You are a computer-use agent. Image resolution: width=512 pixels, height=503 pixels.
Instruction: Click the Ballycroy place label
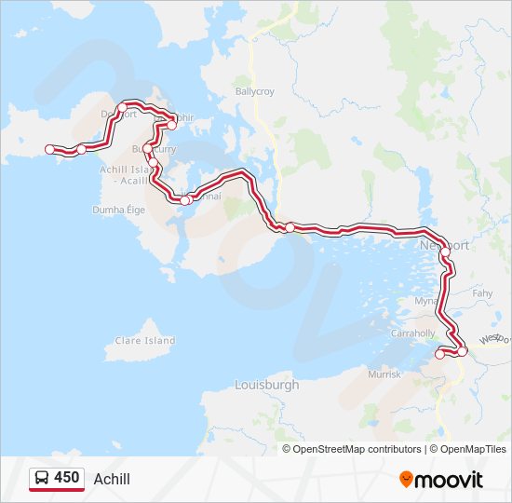tap(257, 92)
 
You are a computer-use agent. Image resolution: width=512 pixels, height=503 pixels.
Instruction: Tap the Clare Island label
tap(144, 341)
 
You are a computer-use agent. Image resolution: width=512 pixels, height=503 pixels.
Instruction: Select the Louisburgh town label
tap(267, 384)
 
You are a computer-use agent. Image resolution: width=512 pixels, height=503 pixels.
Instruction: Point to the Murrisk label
tap(384, 374)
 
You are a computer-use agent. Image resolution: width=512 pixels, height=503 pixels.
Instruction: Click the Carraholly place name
tap(413, 333)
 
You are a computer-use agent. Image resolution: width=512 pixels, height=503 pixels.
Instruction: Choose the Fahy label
tap(482, 293)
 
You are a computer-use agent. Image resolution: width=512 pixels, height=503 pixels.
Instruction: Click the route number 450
tap(67, 478)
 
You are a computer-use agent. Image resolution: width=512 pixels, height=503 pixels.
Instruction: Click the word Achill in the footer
tap(113, 479)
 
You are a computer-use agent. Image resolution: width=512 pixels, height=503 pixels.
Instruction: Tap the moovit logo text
tap(450, 480)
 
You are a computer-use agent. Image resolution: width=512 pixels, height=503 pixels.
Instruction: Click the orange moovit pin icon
tap(406, 479)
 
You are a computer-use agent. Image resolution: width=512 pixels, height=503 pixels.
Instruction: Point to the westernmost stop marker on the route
tap(50, 149)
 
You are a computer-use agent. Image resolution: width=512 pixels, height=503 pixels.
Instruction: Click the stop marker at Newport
tap(445, 251)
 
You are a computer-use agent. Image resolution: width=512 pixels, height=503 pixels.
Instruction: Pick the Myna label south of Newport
tap(424, 302)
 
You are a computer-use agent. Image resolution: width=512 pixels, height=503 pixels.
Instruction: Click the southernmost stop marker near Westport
tap(440, 354)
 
